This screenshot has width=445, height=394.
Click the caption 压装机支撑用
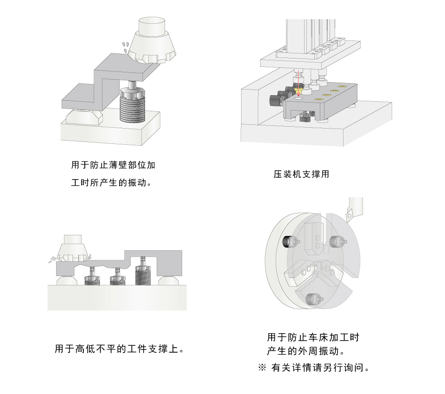[x=301, y=174]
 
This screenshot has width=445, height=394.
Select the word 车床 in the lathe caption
[x=313, y=337]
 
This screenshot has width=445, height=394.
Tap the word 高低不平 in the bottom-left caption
[x=95, y=349]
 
